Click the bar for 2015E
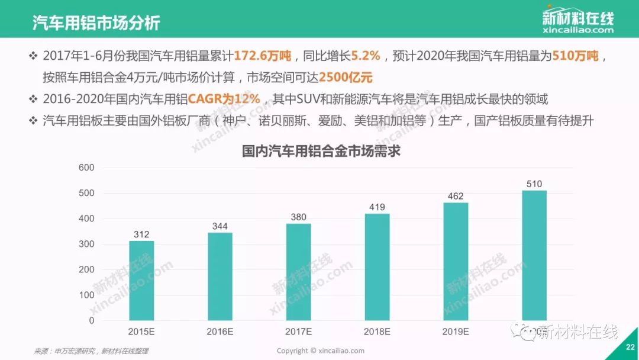coord(141,280)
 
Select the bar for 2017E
coord(299,272)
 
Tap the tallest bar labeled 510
coord(534,255)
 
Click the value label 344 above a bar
coord(220,226)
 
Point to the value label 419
coord(377,207)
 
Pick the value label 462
coord(456,196)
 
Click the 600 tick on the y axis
coord(86,168)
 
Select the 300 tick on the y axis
coord(86,244)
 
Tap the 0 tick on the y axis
coord(91,320)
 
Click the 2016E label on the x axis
coord(220,332)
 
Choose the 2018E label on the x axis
coord(377,332)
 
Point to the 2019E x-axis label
coord(456,332)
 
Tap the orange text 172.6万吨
coord(263,56)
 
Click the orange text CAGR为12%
coord(224,99)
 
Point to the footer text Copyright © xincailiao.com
coord(321,351)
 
